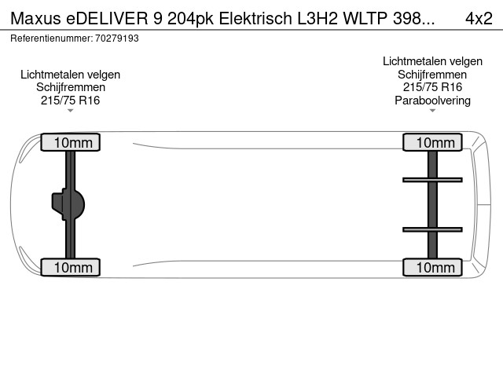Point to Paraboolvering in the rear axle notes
click(432, 100)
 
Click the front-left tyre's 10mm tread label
click(71, 142)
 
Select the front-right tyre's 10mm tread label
click(71, 268)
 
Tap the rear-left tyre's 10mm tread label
click(432, 142)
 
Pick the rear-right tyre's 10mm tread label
click(432, 268)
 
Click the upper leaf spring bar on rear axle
click(432, 180)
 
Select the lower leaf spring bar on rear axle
click(432, 229)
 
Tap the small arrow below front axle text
click(71, 111)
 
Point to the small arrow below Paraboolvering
click(432, 111)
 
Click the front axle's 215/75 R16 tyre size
click(71, 100)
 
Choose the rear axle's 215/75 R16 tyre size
click(432, 87)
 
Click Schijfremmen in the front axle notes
click(71, 87)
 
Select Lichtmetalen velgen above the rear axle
click(432, 61)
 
